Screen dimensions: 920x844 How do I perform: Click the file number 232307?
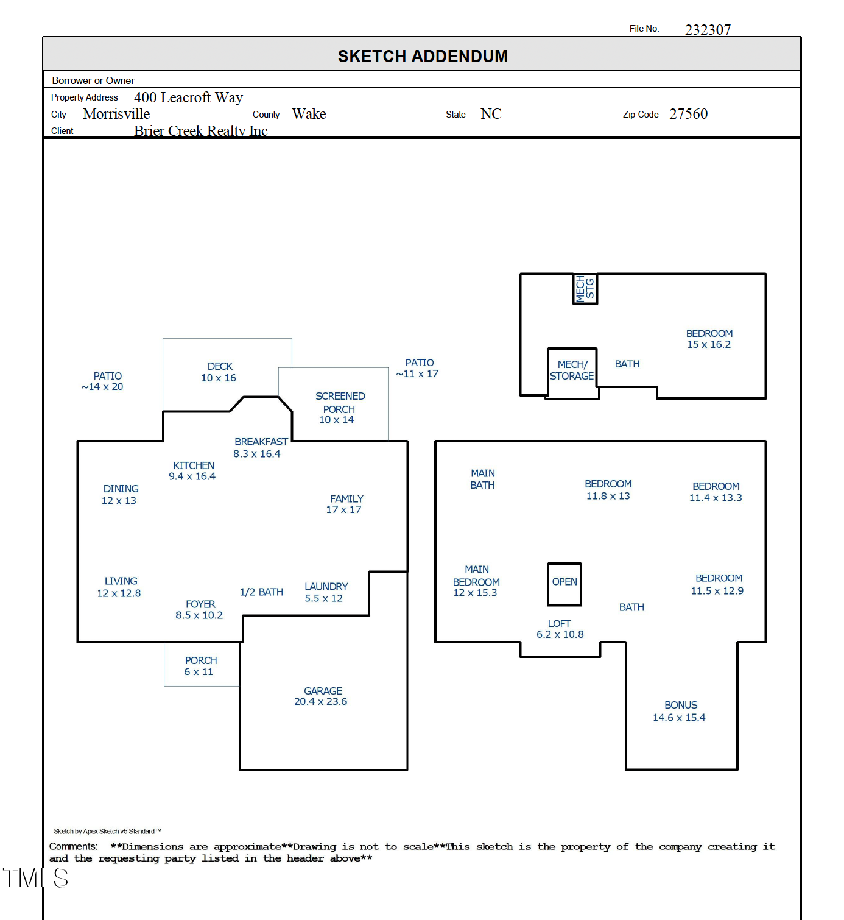708,30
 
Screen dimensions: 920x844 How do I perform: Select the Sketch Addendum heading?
423,56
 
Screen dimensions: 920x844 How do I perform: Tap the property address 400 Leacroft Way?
188,97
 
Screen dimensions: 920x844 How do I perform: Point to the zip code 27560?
688,114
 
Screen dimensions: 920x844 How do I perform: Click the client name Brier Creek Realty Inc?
200,131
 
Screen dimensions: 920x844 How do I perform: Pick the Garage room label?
322,691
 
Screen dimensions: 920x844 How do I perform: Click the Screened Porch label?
339,403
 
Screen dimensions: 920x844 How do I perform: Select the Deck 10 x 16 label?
219,372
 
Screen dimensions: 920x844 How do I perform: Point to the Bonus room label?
680,705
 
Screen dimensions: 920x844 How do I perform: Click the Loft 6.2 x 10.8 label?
560,629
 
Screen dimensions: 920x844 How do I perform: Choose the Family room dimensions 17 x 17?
343,510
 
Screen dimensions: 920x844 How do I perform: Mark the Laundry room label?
326,586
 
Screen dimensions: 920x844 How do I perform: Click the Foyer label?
200,604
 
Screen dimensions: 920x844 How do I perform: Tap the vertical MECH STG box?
585,289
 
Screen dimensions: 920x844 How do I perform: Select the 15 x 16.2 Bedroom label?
709,339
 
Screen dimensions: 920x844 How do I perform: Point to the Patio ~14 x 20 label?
104,381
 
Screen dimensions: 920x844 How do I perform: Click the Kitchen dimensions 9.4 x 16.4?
192,476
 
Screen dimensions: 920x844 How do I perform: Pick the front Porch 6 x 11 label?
200,666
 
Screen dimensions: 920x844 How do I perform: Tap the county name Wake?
309,114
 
